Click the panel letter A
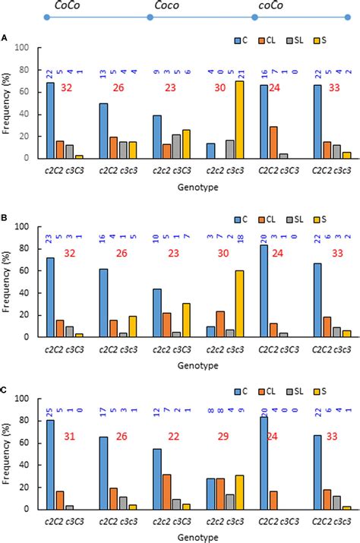click(5, 37)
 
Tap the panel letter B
click(5, 217)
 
